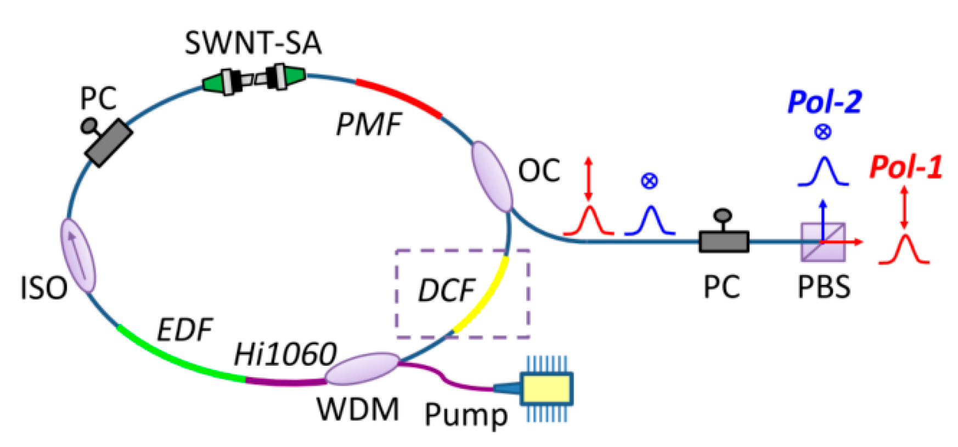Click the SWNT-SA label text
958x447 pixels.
click(252, 43)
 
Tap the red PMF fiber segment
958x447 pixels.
click(399, 96)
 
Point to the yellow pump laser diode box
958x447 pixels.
click(546, 388)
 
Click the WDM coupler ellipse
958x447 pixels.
click(362, 368)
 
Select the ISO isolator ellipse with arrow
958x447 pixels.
click(78, 255)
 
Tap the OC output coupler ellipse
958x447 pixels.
click(492, 176)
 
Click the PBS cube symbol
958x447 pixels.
click(823, 242)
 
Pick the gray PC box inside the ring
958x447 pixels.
click(109, 143)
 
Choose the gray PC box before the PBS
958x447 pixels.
click(723, 241)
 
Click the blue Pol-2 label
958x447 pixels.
click(824, 102)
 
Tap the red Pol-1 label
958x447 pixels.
click(905, 167)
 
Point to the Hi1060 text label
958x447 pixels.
click(285, 354)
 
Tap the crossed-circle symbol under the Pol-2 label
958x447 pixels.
click(822, 132)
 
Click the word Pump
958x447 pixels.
click(466, 415)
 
